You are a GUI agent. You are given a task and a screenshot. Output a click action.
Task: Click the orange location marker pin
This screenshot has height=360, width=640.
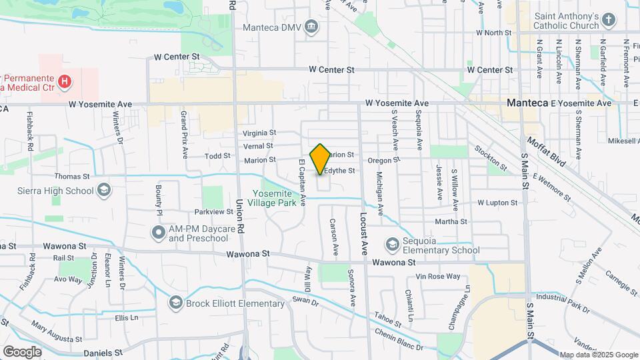(321, 159)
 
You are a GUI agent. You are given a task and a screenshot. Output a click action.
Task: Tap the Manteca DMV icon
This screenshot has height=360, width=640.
(311, 27)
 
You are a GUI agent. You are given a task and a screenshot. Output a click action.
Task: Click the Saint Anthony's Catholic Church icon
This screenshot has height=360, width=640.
(607, 20)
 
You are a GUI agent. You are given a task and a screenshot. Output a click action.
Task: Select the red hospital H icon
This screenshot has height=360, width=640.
(65, 83)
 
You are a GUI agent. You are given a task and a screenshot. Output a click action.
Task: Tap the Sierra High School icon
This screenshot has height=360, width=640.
(103, 191)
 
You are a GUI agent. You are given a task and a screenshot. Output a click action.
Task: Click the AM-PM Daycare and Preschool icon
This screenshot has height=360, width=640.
(159, 233)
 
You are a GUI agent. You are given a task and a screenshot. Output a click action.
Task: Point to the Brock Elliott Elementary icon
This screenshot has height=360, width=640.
(176, 303)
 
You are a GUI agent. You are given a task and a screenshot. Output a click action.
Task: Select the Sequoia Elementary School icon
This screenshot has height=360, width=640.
(393, 245)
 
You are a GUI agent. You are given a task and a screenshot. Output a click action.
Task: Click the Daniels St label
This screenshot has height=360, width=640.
(103, 352)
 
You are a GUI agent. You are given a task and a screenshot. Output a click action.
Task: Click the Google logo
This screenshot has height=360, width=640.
(22, 351)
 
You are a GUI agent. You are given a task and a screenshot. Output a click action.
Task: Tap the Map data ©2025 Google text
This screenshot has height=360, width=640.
(598, 355)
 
